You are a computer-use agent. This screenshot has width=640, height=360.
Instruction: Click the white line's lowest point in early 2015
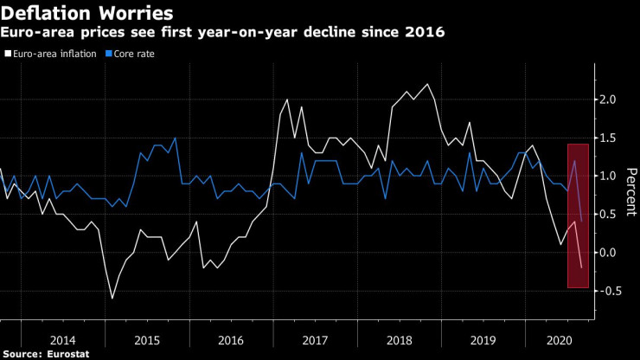[112, 298]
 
